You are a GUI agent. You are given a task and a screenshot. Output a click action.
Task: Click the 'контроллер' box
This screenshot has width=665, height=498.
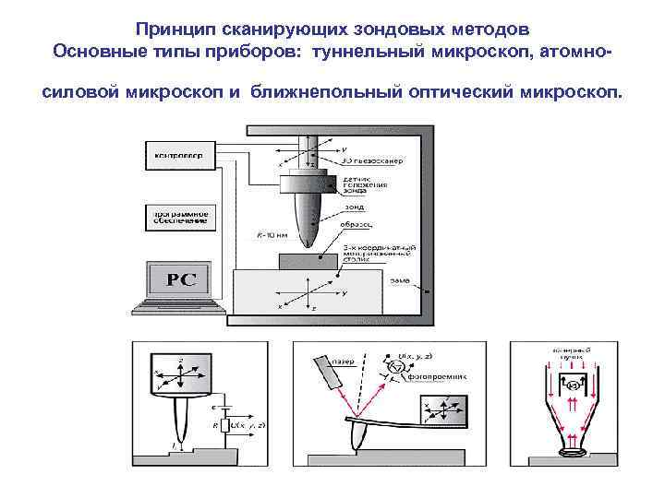178,156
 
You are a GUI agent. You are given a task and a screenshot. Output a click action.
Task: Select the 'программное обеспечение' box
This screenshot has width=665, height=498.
178,218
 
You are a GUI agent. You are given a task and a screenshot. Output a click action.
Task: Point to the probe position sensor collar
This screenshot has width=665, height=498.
305,179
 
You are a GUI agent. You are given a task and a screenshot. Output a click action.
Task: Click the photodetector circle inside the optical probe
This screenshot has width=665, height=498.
572,384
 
